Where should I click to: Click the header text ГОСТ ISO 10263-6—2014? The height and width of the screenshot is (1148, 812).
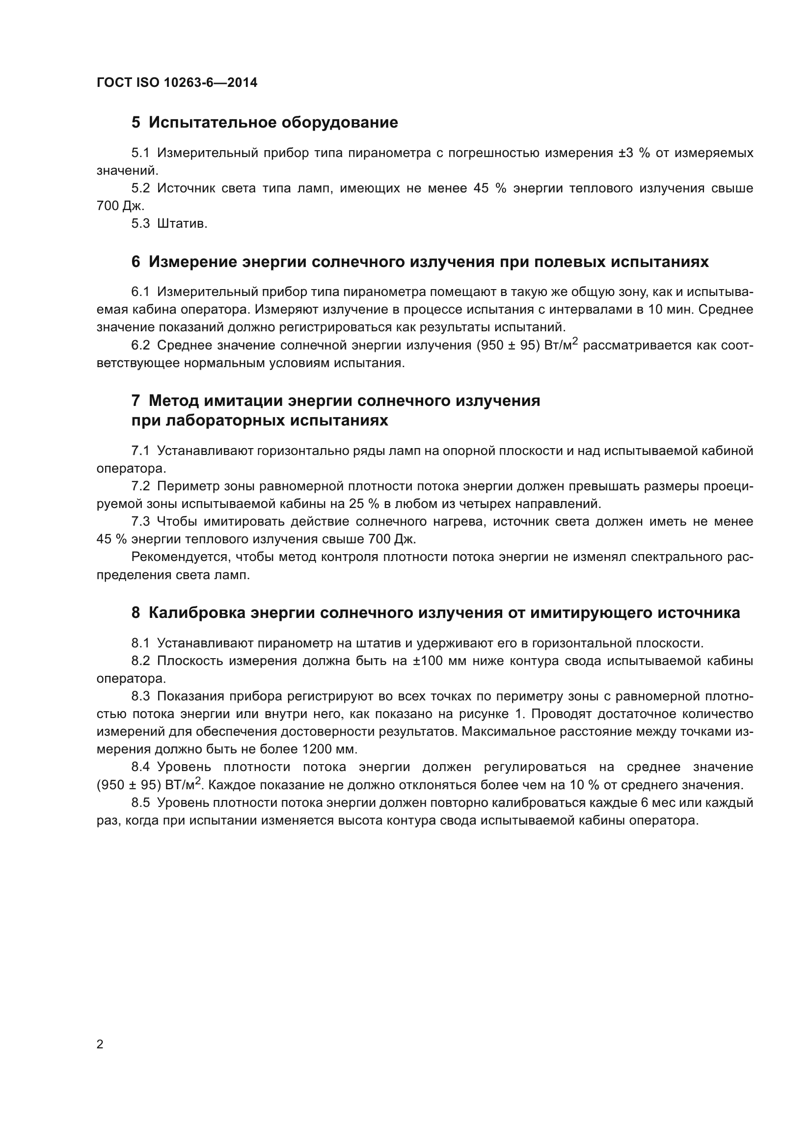click(177, 82)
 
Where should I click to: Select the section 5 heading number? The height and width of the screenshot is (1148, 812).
click(135, 123)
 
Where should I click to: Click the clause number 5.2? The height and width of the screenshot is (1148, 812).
click(140, 188)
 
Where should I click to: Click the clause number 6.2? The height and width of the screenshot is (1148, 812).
click(140, 346)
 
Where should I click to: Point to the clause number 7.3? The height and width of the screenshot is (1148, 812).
click(140, 522)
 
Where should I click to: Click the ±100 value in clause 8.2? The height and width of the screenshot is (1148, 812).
click(428, 661)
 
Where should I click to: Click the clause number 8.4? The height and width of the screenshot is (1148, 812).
click(140, 767)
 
